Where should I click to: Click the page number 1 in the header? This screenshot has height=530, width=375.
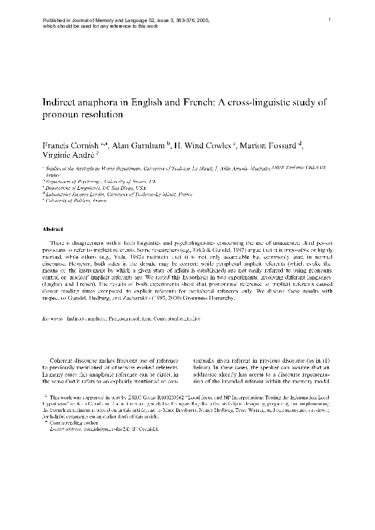(330, 20)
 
